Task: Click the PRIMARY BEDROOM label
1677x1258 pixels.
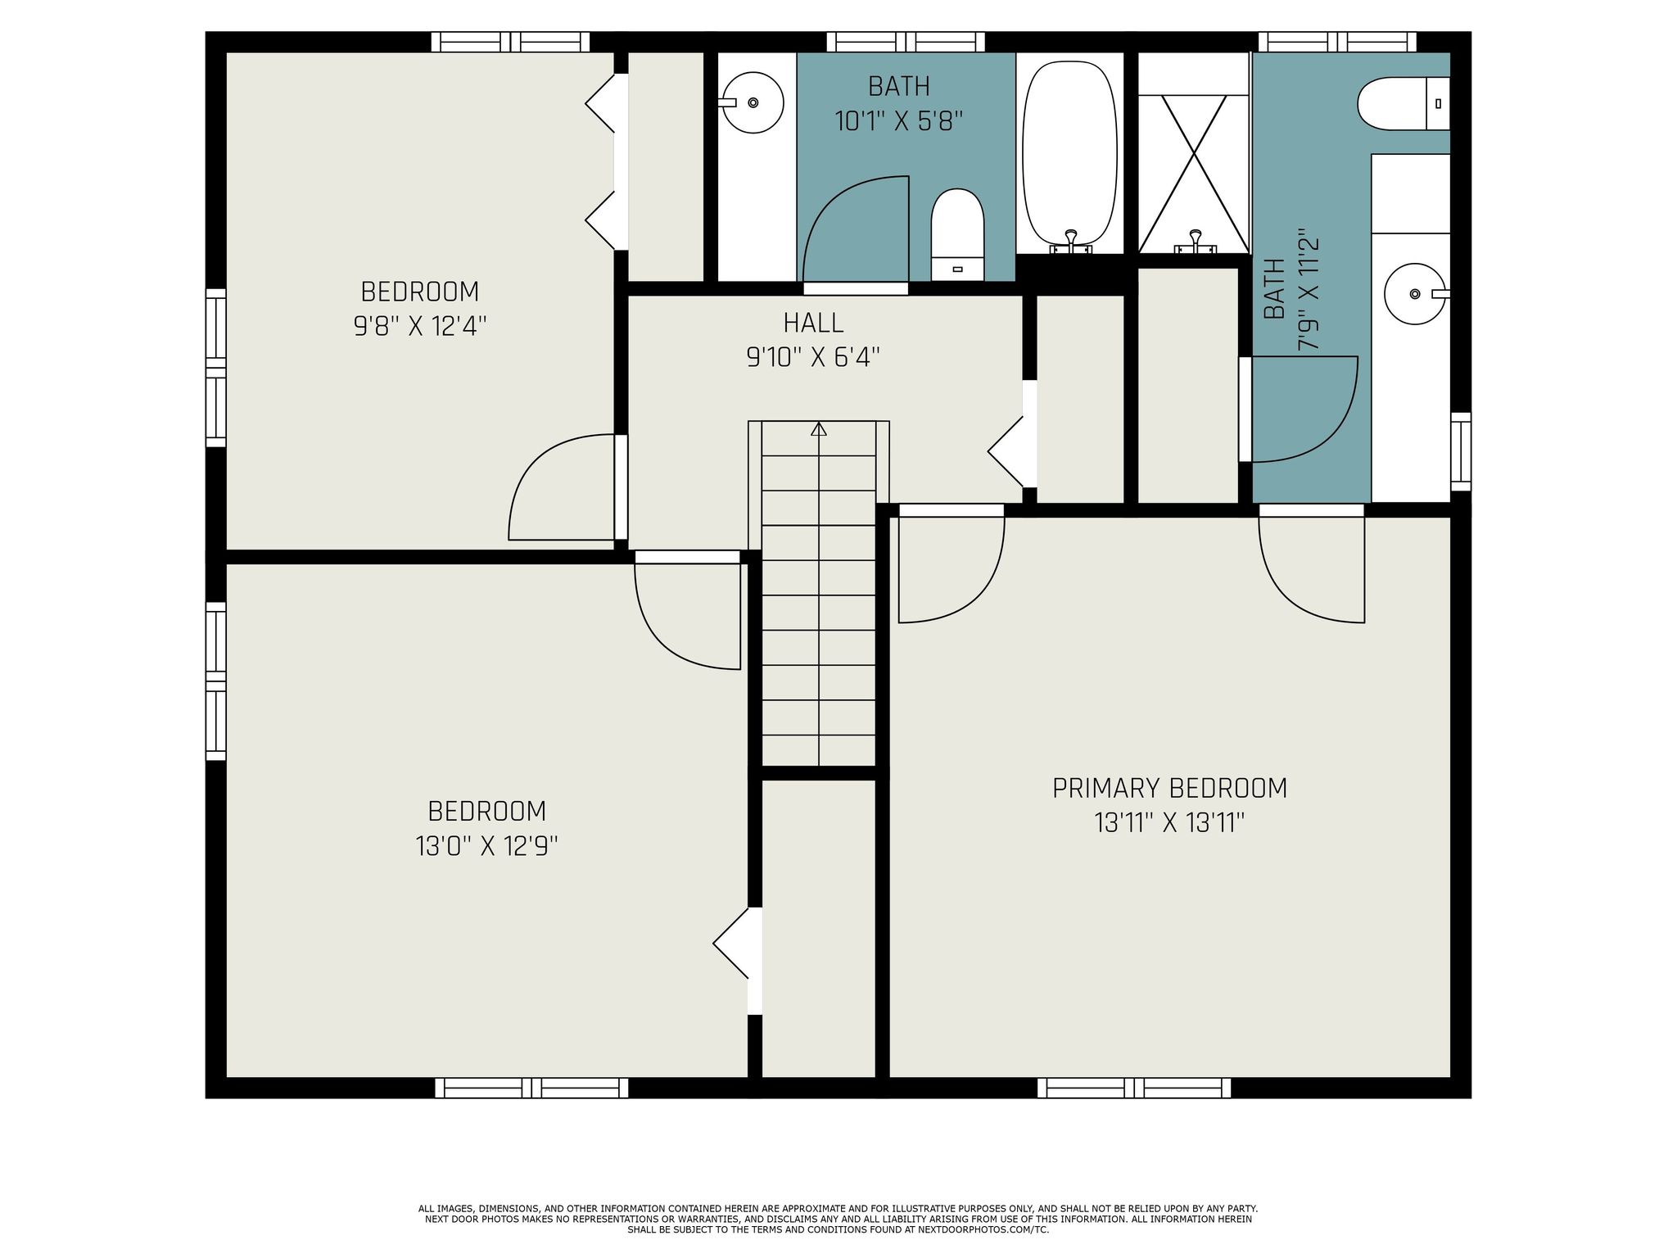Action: tap(1169, 788)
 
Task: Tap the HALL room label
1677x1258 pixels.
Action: tap(813, 323)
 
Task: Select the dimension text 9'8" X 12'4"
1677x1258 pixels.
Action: tap(420, 327)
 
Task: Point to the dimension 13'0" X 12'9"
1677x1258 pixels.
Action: tap(486, 845)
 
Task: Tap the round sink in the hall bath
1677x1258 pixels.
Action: tap(752, 102)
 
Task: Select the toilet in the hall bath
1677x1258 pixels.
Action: tap(957, 233)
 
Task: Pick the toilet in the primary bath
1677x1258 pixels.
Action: tap(1403, 103)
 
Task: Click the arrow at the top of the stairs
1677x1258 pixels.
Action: tap(818, 428)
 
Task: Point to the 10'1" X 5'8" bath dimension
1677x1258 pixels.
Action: tap(898, 122)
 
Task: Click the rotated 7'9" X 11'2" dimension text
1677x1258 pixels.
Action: tap(1309, 290)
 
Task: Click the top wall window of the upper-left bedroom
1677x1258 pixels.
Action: tap(510, 42)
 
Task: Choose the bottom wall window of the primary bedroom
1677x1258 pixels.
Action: tap(1133, 1088)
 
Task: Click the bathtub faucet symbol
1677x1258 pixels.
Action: tap(1070, 241)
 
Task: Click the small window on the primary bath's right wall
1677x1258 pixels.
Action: tap(1460, 451)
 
